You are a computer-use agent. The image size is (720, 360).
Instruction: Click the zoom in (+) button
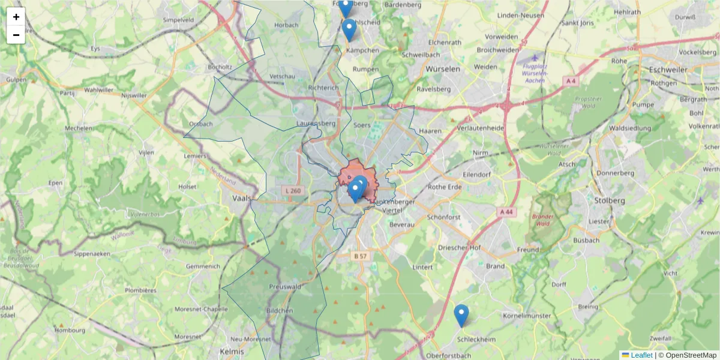(16, 17)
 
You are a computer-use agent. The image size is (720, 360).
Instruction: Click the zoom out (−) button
(16, 35)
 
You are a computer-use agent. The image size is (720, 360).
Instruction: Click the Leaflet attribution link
(641, 355)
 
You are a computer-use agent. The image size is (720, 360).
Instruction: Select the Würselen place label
(442, 69)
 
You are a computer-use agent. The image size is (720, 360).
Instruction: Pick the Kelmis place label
(232, 351)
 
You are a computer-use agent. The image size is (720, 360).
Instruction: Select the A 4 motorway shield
(571, 80)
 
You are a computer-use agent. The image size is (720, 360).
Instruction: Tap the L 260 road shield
(292, 191)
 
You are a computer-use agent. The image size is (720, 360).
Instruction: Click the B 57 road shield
(360, 256)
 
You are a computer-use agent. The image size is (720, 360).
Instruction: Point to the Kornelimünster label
(527, 315)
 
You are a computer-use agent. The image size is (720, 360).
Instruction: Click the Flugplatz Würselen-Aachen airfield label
(535, 73)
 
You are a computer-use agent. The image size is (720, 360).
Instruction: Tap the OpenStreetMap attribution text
(688, 355)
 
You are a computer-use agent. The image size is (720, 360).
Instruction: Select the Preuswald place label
(284, 287)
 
